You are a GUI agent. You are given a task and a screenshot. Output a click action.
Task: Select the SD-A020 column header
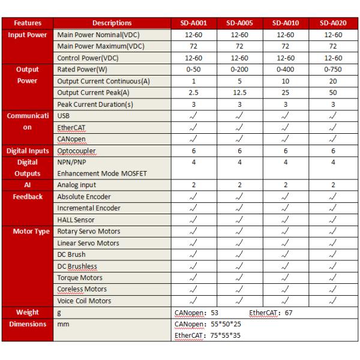coord(332,23)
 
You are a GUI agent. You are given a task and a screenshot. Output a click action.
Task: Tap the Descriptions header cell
coord(113,23)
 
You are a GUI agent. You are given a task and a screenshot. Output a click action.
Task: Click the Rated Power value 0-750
coord(332,70)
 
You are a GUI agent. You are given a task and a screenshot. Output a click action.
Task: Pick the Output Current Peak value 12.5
coord(239,92)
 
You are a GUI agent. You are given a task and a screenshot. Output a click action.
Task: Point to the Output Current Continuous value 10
coord(286,81)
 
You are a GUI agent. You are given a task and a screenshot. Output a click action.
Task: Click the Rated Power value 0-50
coord(193,70)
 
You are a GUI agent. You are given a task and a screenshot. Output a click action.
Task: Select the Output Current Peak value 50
coord(332,92)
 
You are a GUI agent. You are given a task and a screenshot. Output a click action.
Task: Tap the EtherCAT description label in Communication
coord(71,127)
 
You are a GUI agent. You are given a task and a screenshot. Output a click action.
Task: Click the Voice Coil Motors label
coord(84,301)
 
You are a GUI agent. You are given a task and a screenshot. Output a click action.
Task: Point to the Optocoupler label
coord(76,151)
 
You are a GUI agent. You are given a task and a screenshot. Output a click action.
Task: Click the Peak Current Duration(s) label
coord(95,104)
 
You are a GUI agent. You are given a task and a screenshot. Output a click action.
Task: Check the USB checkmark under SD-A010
coord(286,116)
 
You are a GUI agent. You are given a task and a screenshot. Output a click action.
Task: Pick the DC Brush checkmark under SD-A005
coord(239,255)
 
